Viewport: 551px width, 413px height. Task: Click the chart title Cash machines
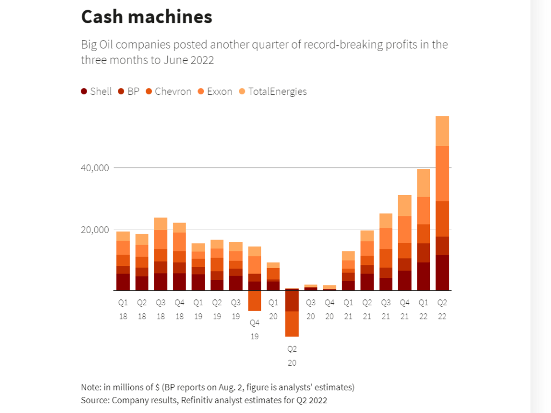click(146, 17)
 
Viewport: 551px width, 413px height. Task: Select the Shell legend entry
click(96, 92)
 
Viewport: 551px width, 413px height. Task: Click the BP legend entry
click(129, 92)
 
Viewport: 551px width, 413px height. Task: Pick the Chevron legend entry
click(168, 92)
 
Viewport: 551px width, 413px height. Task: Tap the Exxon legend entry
click(215, 92)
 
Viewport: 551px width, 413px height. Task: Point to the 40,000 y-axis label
click(94, 168)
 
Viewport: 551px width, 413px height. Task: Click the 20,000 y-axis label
click(94, 230)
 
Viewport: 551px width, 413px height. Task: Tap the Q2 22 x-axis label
click(442, 310)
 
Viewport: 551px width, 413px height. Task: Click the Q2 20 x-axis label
click(292, 356)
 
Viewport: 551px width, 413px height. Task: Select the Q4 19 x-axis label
click(255, 330)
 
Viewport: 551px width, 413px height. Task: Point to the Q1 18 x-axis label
click(123, 310)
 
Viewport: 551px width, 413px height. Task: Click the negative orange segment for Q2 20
click(292, 324)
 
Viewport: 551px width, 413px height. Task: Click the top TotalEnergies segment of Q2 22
click(442, 131)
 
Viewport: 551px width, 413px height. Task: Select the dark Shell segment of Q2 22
click(442, 273)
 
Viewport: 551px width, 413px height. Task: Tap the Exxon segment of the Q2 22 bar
click(442, 173)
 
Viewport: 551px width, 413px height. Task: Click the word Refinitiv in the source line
click(199, 400)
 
